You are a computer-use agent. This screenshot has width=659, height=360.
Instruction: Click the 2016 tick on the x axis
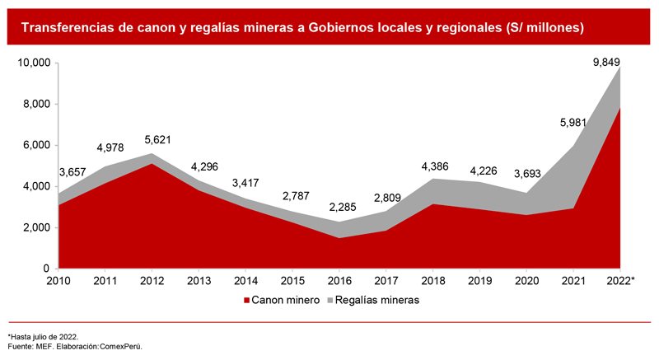click(339, 282)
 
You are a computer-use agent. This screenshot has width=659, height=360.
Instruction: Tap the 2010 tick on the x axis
click(58, 282)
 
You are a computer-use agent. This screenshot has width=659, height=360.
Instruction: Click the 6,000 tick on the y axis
click(35, 146)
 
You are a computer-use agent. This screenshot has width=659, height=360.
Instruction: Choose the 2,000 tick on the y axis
click(35, 228)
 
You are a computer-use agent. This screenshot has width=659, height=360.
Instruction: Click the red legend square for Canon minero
click(245, 301)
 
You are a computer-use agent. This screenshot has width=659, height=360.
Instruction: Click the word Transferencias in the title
click(64, 28)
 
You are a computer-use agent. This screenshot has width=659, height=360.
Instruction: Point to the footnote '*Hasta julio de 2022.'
click(43, 337)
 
